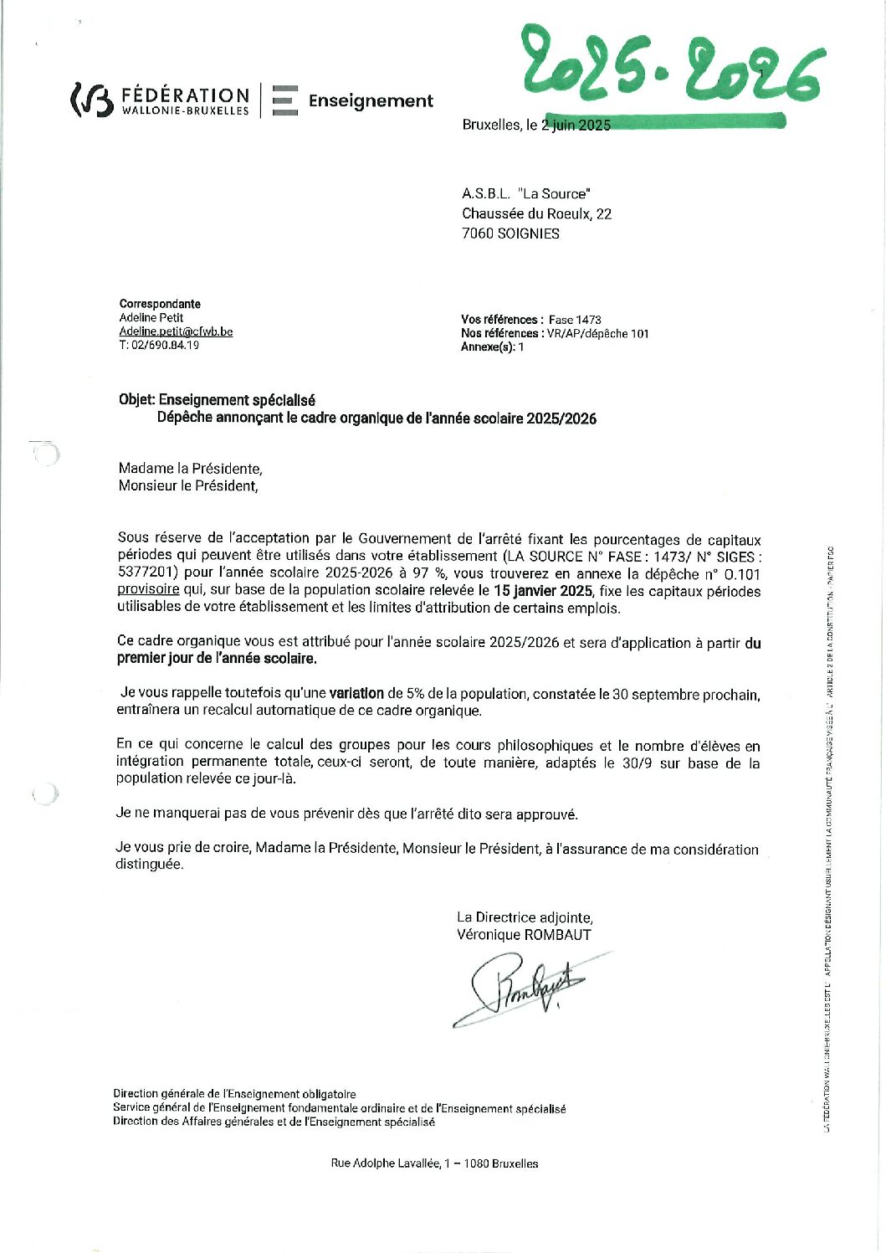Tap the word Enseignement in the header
[x=371, y=101]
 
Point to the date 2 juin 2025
[x=576, y=125]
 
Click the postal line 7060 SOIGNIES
[x=510, y=234]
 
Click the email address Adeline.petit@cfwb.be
[x=176, y=331]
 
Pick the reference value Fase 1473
[x=575, y=320]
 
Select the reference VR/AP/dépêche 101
[x=597, y=333]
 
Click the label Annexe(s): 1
[x=492, y=347]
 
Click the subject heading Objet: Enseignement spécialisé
[x=217, y=400]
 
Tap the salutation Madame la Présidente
[x=190, y=469]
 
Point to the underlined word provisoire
[x=148, y=589]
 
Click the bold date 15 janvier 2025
[x=542, y=591]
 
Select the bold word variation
[x=356, y=693]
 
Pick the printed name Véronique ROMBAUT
[x=524, y=935]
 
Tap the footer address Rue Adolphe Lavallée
[x=434, y=1163]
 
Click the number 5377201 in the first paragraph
[x=147, y=573]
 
